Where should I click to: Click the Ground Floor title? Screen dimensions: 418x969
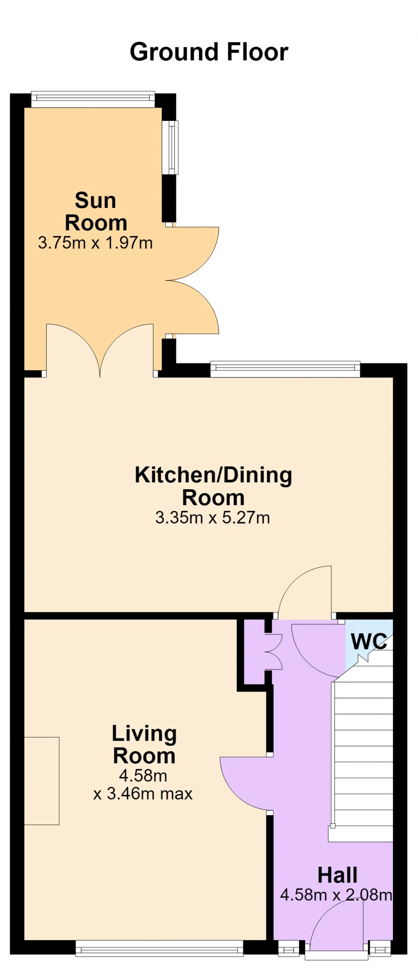(209, 52)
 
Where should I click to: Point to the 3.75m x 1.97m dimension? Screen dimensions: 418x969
(95, 243)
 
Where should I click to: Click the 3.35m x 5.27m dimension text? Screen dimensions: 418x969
(213, 518)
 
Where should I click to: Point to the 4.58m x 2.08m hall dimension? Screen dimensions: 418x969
(336, 895)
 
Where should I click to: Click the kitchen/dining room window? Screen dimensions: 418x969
(285, 369)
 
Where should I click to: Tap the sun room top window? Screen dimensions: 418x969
(93, 99)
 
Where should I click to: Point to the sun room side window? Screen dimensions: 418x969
(170, 147)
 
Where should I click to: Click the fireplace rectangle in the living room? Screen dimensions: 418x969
(42, 781)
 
